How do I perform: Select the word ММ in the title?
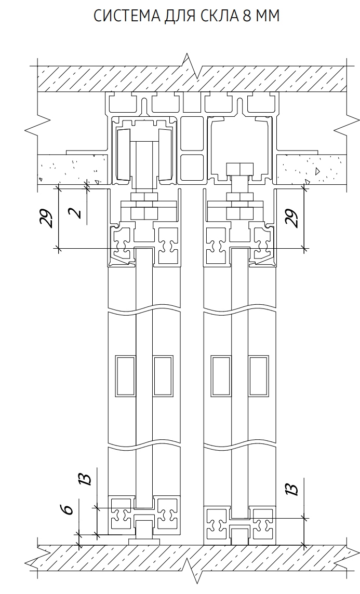[268, 16]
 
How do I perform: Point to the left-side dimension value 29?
[47, 218]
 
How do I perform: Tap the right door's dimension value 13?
[292, 490]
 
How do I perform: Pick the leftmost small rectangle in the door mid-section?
[125, 376]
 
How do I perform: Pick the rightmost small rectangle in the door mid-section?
[258, 376]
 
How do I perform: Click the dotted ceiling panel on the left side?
[73, 169]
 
